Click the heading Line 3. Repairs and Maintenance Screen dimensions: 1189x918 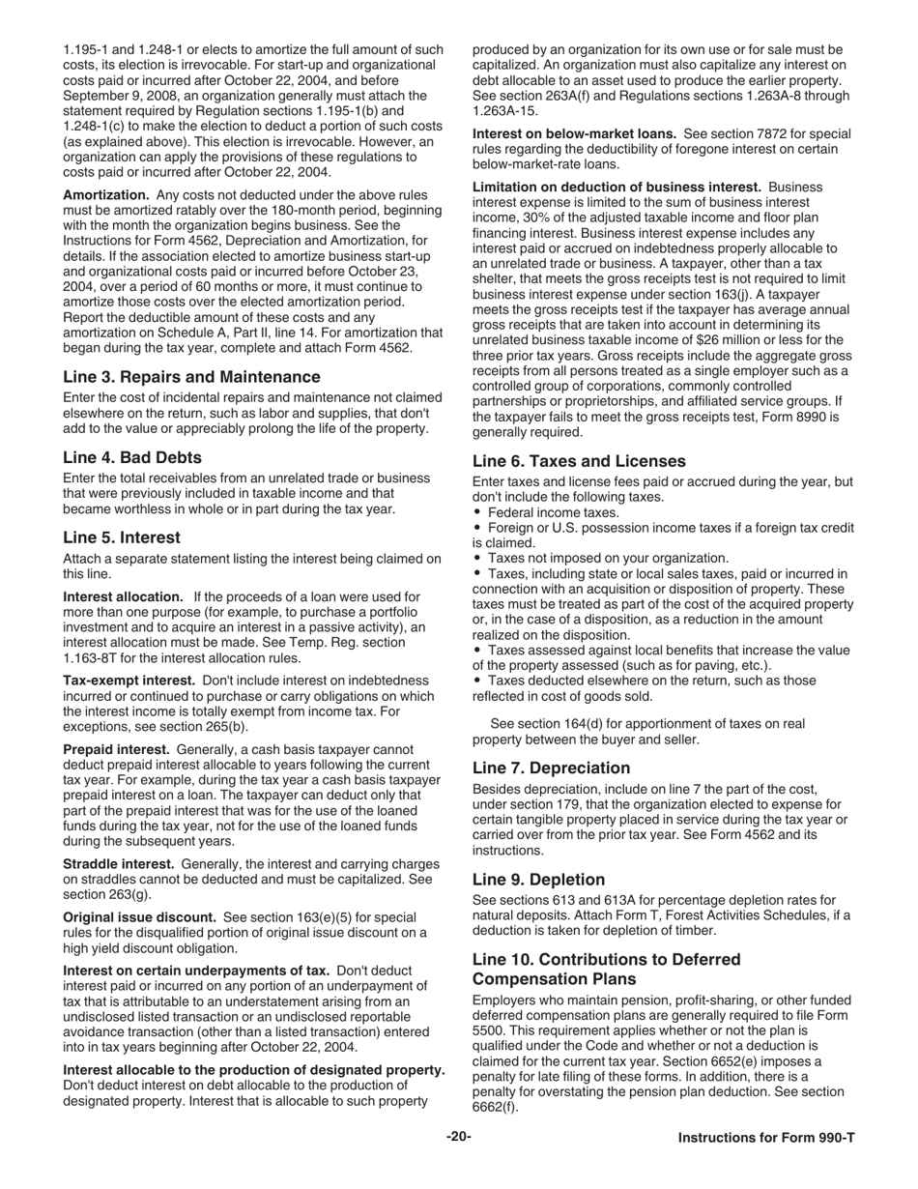pos(191,376)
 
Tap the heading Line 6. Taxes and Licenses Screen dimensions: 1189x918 pos(579,461)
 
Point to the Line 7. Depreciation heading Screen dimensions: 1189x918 pos(551,768)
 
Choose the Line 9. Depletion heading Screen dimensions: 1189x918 pos(538,880)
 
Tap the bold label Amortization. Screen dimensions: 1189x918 pos(106,195)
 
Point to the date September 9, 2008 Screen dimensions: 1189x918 pos(121,96)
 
